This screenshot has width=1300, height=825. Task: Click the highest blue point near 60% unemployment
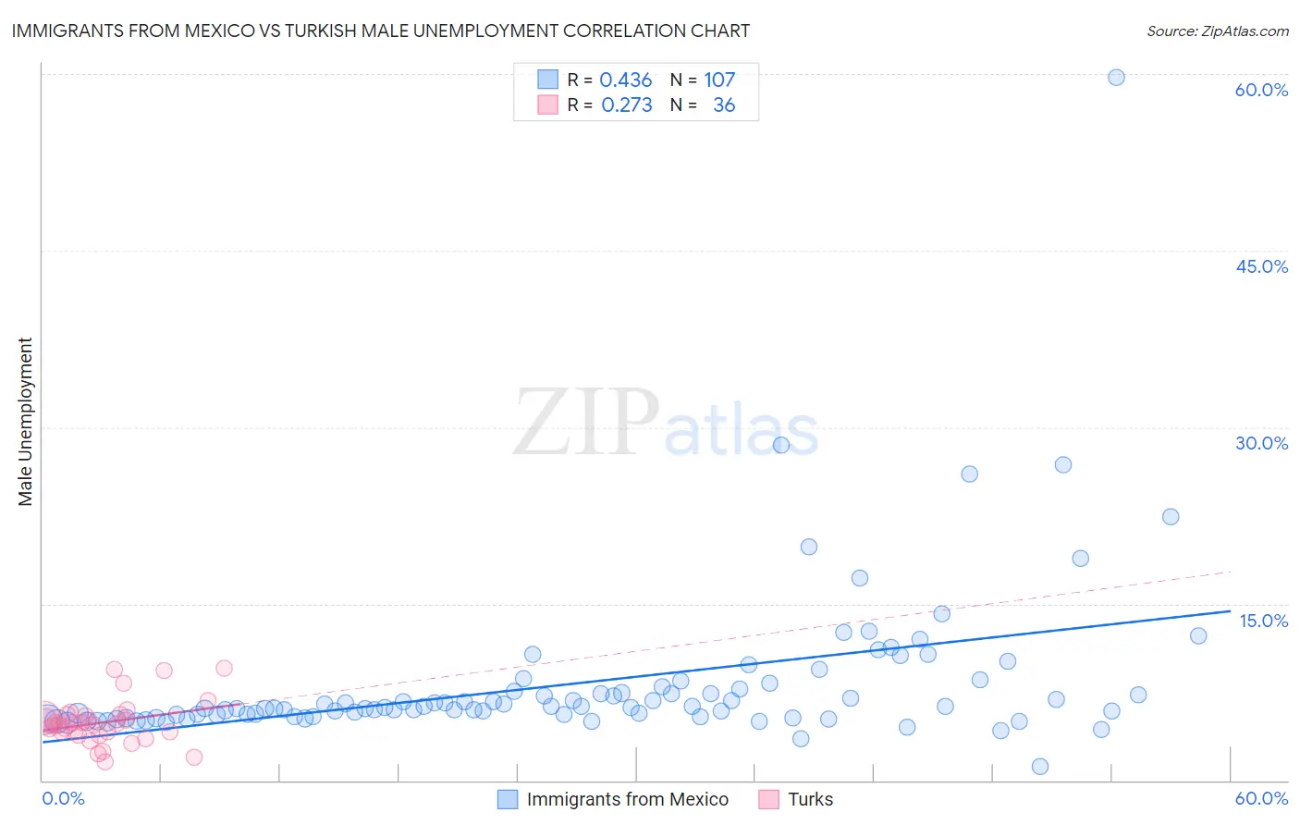pyautogui.click(x=1116, y=78)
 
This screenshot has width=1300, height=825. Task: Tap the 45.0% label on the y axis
pyautogui.click(x=1261, y=266)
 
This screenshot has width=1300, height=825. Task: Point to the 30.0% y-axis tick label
pyautogui.click(x=1261, y=443)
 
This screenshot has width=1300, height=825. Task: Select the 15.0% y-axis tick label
pyautogui.click(x=1263, y=621)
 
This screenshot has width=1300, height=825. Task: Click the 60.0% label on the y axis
pyautogui.click(x=1261, y=90)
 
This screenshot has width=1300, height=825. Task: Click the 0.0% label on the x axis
pyautogui.click(x=63, y=798)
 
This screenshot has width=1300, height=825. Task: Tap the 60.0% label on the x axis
pyautogui.click(x=1261, y=798)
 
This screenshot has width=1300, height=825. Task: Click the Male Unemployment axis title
pyautogui.click(x=26, y=422)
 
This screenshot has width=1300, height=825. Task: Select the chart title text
pyautogui.click(x=380, y=31)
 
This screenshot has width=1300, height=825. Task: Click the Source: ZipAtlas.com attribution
pyautogui.click(x=1217, y=31)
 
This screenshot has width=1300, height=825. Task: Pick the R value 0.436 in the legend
pyautogui.click(x=626, y=80)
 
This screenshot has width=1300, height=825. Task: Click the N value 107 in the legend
pyautogui.click(x=719, y=80)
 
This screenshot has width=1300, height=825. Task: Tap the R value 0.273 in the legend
pyautogui.click(x=627, y=105)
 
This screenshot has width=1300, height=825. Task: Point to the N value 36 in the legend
pyautogui.click(x=724, y=105)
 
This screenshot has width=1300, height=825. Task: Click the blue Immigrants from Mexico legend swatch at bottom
pyautogui.click(x=508, y=799)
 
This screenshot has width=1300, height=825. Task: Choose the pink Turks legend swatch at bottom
pyautogui.click(x=768, y=799)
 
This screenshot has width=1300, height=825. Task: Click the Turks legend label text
pyautogui.click(x=810, y=799)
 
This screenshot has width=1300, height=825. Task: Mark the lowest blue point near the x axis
pyautogui.click(x=1040, y=766)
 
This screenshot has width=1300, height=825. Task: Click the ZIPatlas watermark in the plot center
pyautogui.click(x=666, y=423)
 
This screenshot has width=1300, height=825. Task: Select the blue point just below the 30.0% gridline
pyautogui.click(x=781, y=445)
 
